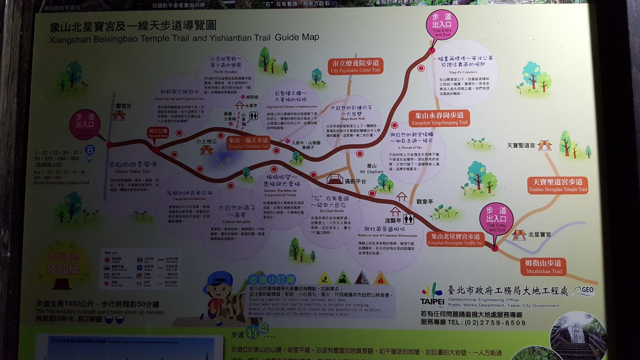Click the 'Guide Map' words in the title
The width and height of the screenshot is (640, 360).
point(297,37)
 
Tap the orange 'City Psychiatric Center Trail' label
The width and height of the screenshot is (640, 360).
point(356,66)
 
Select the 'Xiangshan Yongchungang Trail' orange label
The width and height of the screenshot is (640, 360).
point(439,118)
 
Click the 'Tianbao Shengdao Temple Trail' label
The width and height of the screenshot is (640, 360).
point(558,185)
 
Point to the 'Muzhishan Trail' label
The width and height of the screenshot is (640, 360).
point(544,266)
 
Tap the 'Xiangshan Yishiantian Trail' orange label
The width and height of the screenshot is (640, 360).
point(248,143)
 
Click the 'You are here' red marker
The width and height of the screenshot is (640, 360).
point(158,133)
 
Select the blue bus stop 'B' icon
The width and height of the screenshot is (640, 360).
point(90,150)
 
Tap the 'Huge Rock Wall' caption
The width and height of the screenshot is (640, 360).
point(353,119)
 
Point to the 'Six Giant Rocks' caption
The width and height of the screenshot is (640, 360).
point(332,211)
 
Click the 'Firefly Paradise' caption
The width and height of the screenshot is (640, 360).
point(226,72)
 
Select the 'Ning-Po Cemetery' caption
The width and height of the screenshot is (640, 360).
point(463,72)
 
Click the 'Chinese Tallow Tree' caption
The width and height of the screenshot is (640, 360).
point(132,171)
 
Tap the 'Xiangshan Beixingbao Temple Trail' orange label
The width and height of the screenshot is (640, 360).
point(455,239)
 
